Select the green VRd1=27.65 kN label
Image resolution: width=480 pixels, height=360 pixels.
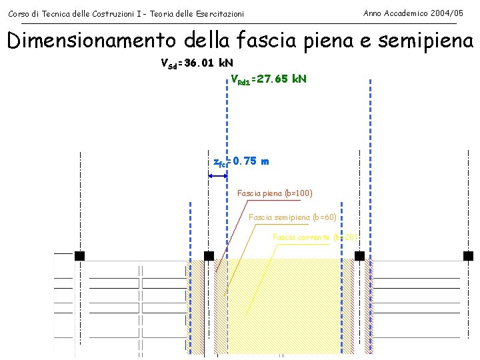click(x=268, y=79)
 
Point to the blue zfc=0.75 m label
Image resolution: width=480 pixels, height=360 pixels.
click(x=241, y=161)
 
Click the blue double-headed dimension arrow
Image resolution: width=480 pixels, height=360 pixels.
click(x=218, y=176)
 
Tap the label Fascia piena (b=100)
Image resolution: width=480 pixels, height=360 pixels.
click(x=275, y=194)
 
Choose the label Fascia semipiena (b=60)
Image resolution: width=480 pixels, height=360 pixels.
click(x=292, y=217)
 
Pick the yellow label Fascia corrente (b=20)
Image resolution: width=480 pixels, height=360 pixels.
click(x=315, y=237)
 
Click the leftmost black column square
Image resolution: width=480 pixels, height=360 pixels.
click(x=80, y=256)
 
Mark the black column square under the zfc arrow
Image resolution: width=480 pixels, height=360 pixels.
click(x=209, y=256)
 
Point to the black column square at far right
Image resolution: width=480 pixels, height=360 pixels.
click(x=468, y=256)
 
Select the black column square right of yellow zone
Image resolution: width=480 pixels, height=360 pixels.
click(x=359, y=256)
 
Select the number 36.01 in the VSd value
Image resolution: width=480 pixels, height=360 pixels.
click(x=202, y=64)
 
